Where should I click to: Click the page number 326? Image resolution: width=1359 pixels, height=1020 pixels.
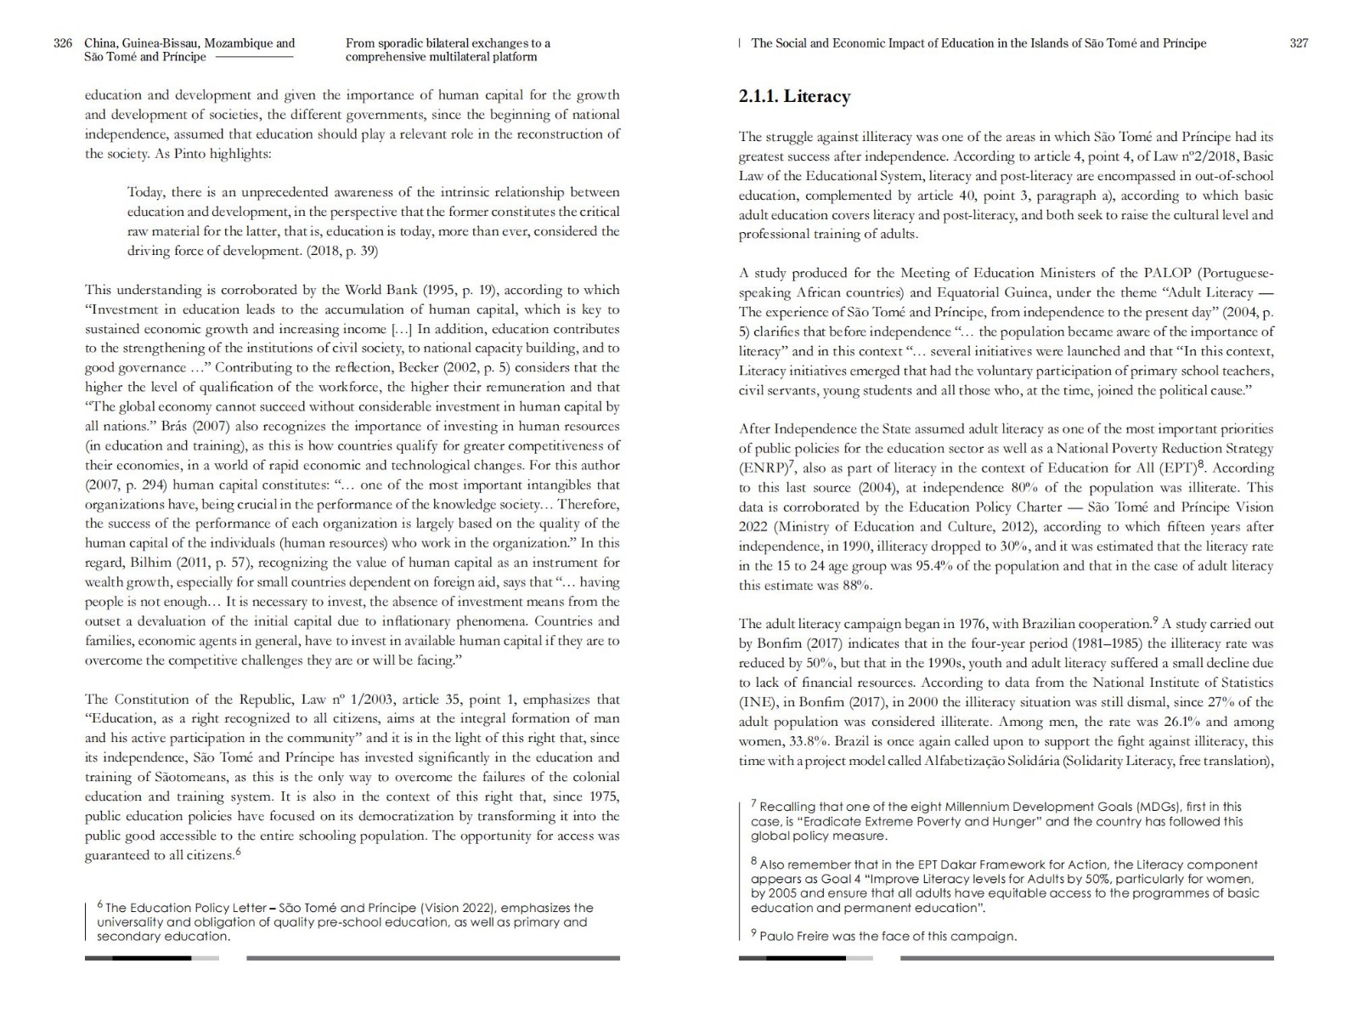coord(63,43)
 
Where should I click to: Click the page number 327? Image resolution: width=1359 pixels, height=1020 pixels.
coord(1299,43)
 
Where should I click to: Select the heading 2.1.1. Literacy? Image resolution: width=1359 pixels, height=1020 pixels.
coord(794,96)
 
